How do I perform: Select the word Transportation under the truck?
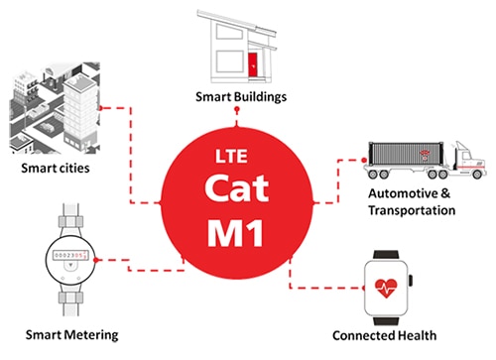pyautogui.click(x=411, y=209)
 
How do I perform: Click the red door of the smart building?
pyautogui.click(x=253, y=65)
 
